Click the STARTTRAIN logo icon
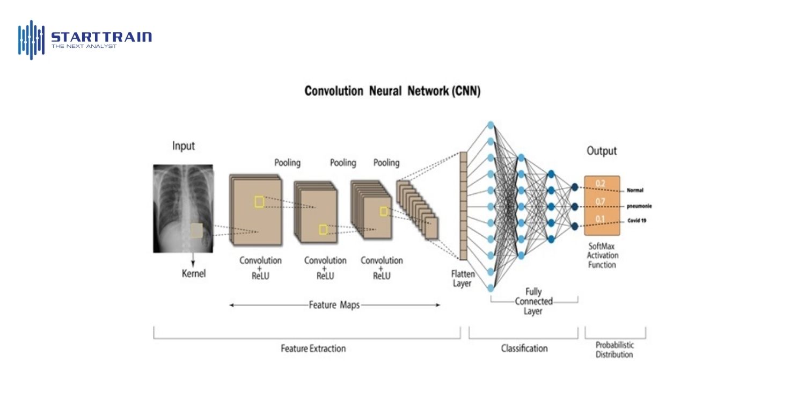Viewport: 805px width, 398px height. pos(31,40)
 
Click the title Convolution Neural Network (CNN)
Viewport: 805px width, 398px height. pos(392,91)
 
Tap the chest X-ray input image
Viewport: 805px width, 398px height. pos(183,208)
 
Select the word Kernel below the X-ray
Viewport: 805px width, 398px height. pos(194,273)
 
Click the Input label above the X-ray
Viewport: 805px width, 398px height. pos(184,146)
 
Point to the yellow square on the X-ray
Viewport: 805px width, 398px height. pos(196,230)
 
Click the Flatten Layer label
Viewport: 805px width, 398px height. pos(462,278)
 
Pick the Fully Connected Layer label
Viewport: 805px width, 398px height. pos(533,301)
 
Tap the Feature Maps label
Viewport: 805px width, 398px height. pos(334,305)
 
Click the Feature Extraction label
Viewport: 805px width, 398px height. pos(313,349)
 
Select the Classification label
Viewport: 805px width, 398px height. pos(524,349)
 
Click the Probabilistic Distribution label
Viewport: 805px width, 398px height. pos(614,350)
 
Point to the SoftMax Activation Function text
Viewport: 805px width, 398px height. pos(602,255)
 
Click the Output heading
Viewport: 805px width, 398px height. pos(602,151)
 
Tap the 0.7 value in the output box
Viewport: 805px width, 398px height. pos(600,201)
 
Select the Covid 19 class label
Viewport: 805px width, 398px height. pos(636,221)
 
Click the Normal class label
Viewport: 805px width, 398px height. pos(635,190)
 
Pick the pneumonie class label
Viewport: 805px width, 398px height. pos(639,206)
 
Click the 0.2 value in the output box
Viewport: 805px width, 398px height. pos(600,184)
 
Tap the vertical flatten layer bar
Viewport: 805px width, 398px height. pos(463,205)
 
